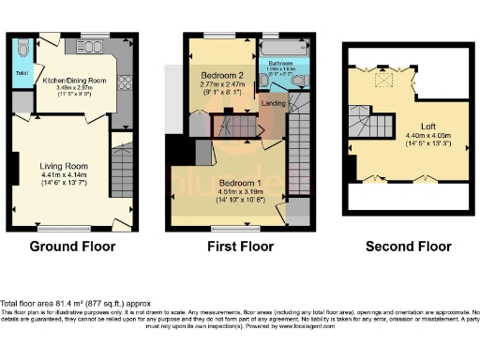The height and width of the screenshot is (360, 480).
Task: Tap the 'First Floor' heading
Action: click(x=240, y=247)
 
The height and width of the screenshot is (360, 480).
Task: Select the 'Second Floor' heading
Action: click(x=408, y=247)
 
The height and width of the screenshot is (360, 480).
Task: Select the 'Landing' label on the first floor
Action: click(x=274, y=103)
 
